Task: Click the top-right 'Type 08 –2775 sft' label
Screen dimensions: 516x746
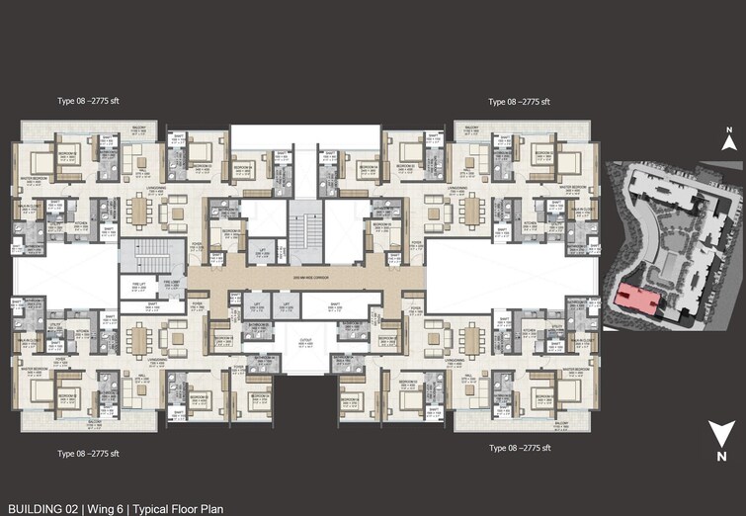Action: [x=520, y=102]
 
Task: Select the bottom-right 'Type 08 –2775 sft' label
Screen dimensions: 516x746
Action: [x=520, y=448]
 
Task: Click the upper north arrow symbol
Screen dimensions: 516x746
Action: [x=727, y=142]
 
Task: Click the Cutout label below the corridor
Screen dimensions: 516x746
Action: [x=299, y=347]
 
